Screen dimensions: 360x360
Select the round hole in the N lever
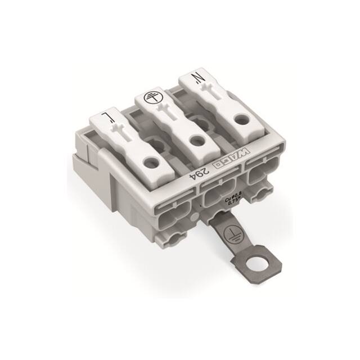(241, 119)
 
